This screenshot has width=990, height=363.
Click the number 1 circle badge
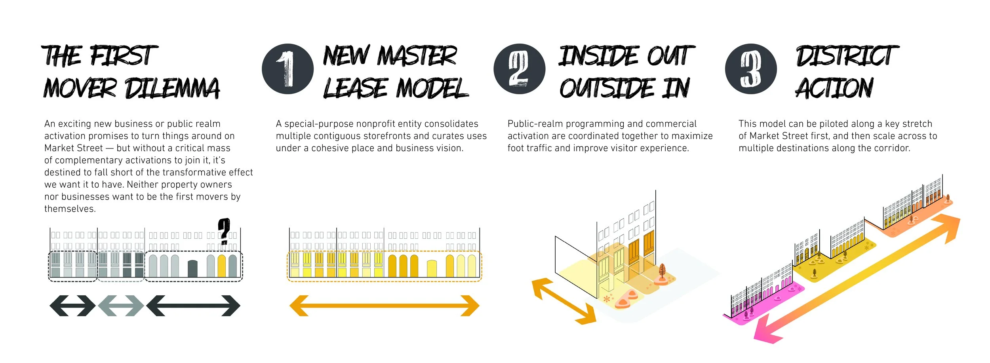point(287,69)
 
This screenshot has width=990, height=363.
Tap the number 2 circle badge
point(519,69)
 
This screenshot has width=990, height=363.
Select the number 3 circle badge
point(751,69)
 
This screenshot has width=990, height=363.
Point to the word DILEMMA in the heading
point(172,88)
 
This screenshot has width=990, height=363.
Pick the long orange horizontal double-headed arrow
point(384,306)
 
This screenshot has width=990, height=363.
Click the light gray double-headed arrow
point(121,306)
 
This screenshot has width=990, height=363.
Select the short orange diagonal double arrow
point(564,301)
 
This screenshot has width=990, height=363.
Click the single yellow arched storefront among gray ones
point(222,266)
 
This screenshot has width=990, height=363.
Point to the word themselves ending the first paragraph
point(69,209)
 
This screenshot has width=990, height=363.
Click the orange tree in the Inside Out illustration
point(662,272)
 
